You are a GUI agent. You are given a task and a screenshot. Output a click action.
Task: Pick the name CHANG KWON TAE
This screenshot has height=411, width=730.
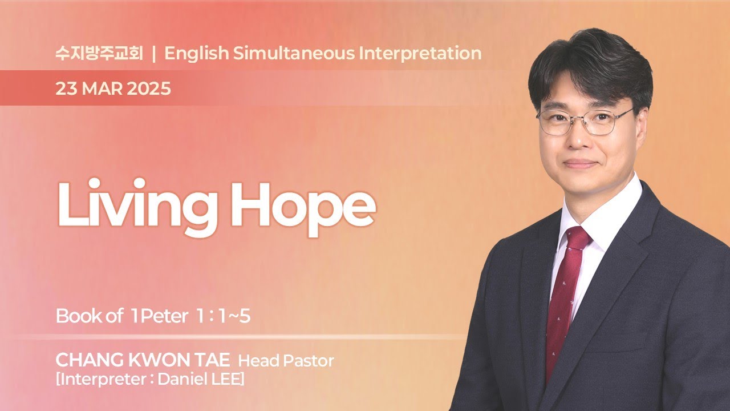point(143,361)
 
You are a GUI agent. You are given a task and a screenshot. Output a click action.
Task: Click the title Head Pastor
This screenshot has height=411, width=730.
point(286,361)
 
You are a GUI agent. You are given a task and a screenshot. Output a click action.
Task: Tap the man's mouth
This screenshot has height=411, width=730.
point(581,164)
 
